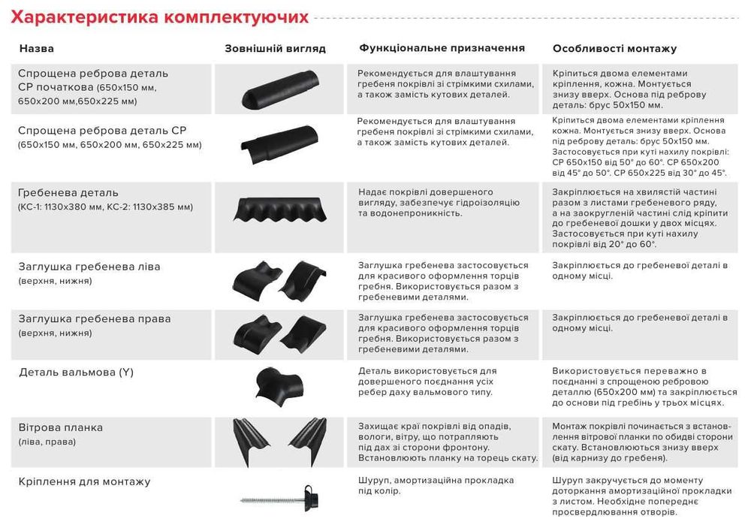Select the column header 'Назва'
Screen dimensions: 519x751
click(36, 49)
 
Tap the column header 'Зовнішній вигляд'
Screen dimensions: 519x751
click(275, 49)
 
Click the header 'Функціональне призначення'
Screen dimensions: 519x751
click(442, 48)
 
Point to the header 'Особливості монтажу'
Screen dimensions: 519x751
click(614, 49)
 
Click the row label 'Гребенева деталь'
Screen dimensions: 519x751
click(68, 192)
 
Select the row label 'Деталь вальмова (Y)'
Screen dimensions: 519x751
click(76, 372)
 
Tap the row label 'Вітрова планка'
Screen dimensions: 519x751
click(61, 427)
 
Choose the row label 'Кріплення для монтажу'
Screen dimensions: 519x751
click(84, 481)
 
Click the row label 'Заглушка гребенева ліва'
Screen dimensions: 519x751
click(89, 267)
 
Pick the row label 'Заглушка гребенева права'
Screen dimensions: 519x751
click(94, 318)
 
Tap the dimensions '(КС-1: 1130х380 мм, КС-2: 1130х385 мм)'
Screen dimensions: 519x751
click(105, 207)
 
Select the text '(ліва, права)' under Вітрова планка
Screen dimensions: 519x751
click(47, 442)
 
